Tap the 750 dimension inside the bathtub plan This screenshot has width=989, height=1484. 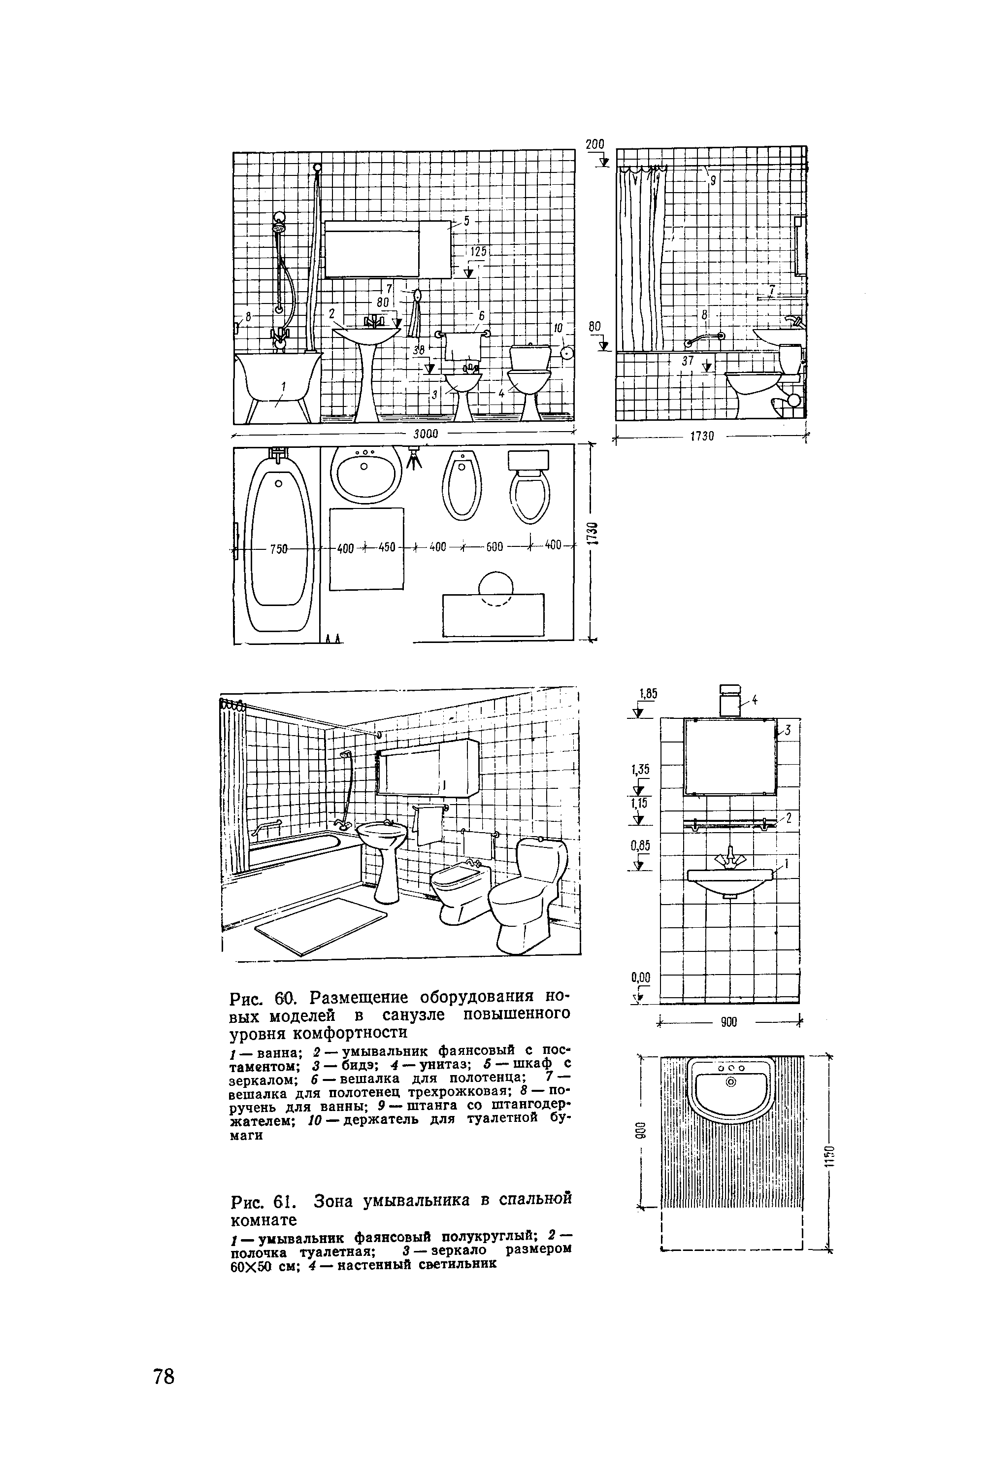point(279,548)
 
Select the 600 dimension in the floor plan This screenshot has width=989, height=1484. point(494,546)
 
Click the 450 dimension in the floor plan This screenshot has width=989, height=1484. point(387,547)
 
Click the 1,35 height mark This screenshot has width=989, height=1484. point(640,769)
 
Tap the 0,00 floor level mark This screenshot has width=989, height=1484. point(640,978)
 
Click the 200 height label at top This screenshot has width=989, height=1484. point(595,144)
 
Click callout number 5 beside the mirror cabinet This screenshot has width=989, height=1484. point(467,221)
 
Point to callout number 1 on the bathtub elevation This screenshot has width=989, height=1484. point(283,387)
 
